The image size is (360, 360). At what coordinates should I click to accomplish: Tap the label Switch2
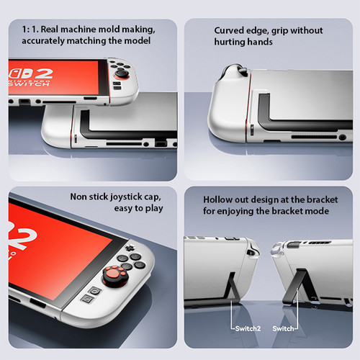tap(248, 328)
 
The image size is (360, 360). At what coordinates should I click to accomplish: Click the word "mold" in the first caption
tap(109, 30)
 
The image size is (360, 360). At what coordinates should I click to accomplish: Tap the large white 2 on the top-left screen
tap(43, 73)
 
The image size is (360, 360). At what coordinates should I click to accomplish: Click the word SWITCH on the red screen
tap(29, 84)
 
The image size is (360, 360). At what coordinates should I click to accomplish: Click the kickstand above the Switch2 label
tap(232, 287)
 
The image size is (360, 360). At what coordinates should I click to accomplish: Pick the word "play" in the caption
tap(154, 209)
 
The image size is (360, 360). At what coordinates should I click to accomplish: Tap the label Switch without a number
tap(283, 328)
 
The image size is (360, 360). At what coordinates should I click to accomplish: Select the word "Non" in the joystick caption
tap(78, 197)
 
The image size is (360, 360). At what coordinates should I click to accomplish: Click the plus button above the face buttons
tap(130, 247)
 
